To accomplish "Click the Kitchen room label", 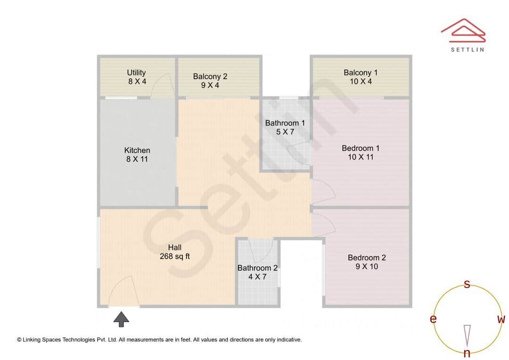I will coord(137,155).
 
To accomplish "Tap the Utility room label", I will coord(137,77).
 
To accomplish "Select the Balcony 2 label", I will coord(210,81).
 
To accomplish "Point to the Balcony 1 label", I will coord(361,77).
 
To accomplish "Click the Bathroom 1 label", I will coord(285,127).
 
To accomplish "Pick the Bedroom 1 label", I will coord(361,152).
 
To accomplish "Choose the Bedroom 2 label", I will coord(367,262).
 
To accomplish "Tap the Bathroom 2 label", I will coord(257,272).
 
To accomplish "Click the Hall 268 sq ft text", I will coord(174,252).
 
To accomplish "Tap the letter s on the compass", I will coord(467,284).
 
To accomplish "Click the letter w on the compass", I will coord(501,319).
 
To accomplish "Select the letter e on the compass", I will coord(433,319).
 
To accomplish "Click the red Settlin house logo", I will coord(463,29).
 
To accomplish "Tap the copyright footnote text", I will coord(159,339).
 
